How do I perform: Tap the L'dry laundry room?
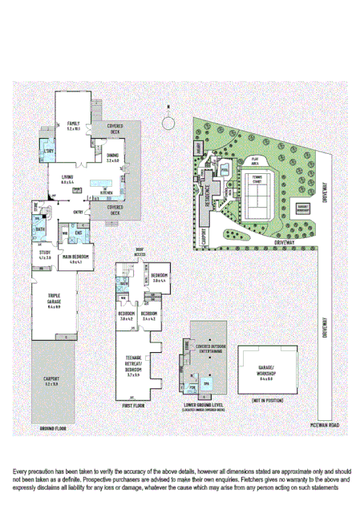coord(48,152)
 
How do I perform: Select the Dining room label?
coord(112,158)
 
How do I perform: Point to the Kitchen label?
coord(103,193)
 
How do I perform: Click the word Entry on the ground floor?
coord(79,212)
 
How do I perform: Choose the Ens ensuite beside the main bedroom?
coord(79,233)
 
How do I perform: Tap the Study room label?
coord(45,256)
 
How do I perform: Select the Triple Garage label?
coord(55,304)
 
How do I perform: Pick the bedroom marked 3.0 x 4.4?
coord(157,277)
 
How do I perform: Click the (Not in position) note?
coord(267,399)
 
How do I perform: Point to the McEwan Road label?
coord(327,423)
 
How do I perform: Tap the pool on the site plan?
coord(224,168)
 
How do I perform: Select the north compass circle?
coord(168,123)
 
